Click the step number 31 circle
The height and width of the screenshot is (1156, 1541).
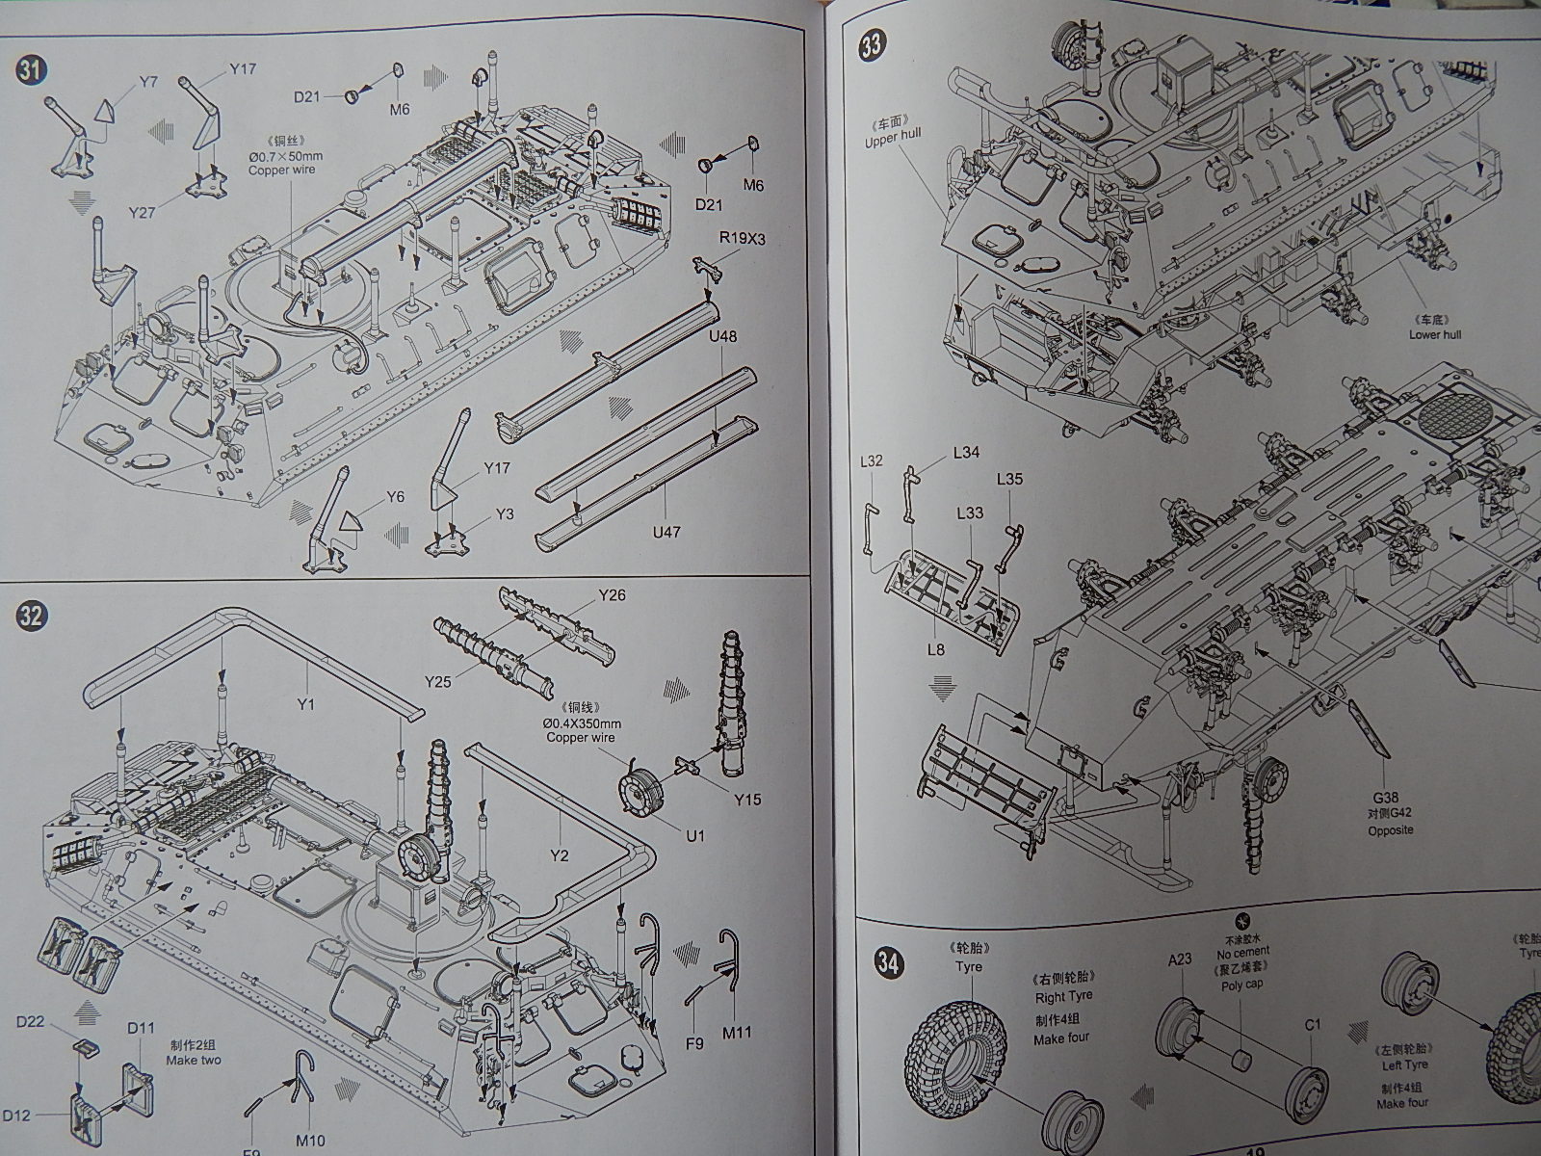pyautogui.click(x=32, y=71)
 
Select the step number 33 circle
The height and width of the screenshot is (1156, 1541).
pyautogui.click(x=872, y=46)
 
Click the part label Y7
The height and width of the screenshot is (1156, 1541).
pyautogui.click(x=146, y=82)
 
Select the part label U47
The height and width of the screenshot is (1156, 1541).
pyautogui.click(x=666, y=531)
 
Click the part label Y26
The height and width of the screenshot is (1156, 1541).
pyautogui.click(x=611, y=595)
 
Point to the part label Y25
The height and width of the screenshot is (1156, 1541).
pyautogui.click(x=438, y=682)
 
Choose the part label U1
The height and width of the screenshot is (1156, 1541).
pyautogui.click(x=694, y=835)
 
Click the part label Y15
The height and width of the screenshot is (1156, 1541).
pyautogui.click(x=746, y=799)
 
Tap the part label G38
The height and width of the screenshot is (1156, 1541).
pyautogui.click(x=1384, y=798)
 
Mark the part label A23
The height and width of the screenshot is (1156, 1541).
pyautogui.click(x=1180, y=959)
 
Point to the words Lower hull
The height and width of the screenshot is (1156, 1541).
pyautogui.click(x=1435, y=334)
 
